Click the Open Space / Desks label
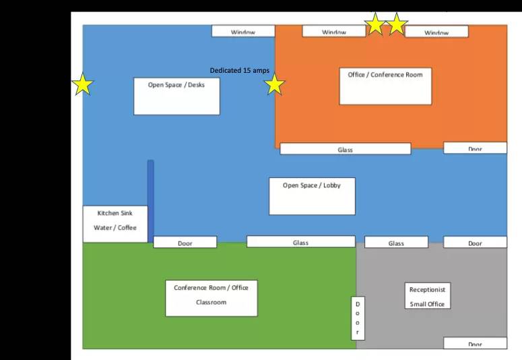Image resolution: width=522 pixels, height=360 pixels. tap(176, 96)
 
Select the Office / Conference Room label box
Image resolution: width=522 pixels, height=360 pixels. tap(385, 86)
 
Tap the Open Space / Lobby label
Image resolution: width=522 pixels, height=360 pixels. tap(313, 196)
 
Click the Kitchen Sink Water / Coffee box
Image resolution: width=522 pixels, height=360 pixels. tap(115, 224)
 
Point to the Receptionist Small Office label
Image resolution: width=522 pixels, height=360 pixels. tap(428, 296)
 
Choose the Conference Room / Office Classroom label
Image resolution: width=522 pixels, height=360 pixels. tap(211, 299)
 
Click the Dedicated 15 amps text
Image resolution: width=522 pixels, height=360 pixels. tap(240, 70)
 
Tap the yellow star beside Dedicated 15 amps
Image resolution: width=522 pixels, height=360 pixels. tap(275, 85)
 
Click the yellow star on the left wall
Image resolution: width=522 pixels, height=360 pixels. tap(83, 85)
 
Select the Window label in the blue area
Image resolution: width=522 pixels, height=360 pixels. tap(243, 31)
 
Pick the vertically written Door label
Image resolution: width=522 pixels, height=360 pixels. tap(358, 318)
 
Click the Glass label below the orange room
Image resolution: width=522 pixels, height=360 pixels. tap(346, 149)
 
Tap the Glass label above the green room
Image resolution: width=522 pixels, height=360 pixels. tap(301, 241)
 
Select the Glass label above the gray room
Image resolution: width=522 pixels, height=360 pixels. tap(396, 242)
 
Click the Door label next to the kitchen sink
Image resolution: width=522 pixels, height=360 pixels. tap(185, 242)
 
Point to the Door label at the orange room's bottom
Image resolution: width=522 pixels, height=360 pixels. tap(475, 148)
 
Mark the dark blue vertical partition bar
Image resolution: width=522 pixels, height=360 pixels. tap(150, 202)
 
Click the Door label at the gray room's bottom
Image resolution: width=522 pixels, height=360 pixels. tap(475, 343)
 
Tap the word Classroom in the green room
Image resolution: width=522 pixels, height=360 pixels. tap(211, 302)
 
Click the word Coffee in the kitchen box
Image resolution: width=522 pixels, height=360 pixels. tap(127, 228)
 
